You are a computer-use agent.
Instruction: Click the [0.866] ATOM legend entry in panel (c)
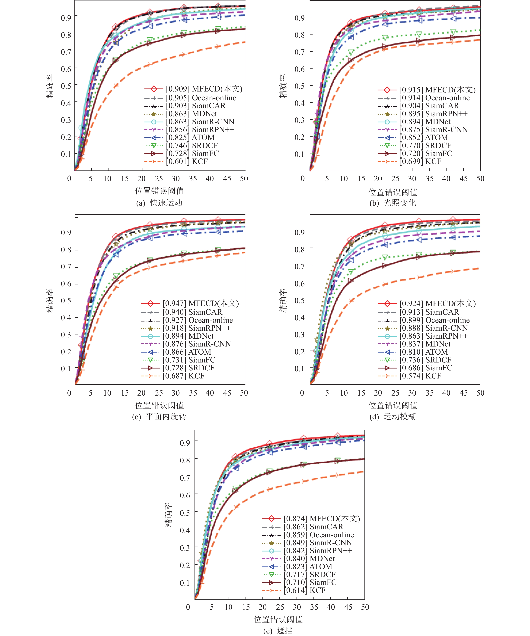(x=187, y=352)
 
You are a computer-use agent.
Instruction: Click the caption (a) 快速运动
(x=159, y=203)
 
